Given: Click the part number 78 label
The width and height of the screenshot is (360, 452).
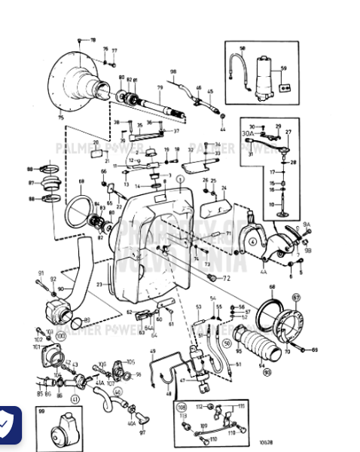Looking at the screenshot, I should pyautogui.click(x=93, y=39).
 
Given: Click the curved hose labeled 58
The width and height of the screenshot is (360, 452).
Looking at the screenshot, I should pyautogui.click(x=243, y=69).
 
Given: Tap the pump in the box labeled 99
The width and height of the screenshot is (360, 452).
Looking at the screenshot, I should pyautogui.click(x=65, y=432).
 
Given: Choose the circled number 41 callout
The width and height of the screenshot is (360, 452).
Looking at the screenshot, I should pyautogui.click(x=74, y=399).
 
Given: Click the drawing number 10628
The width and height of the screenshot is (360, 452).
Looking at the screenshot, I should pyautogui.click(x=287, y=443).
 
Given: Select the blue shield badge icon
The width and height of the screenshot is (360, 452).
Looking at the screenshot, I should pyautogui.click(x=8, y=424).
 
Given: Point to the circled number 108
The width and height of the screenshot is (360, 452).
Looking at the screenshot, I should pyautogui.click(x=182, y=407).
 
